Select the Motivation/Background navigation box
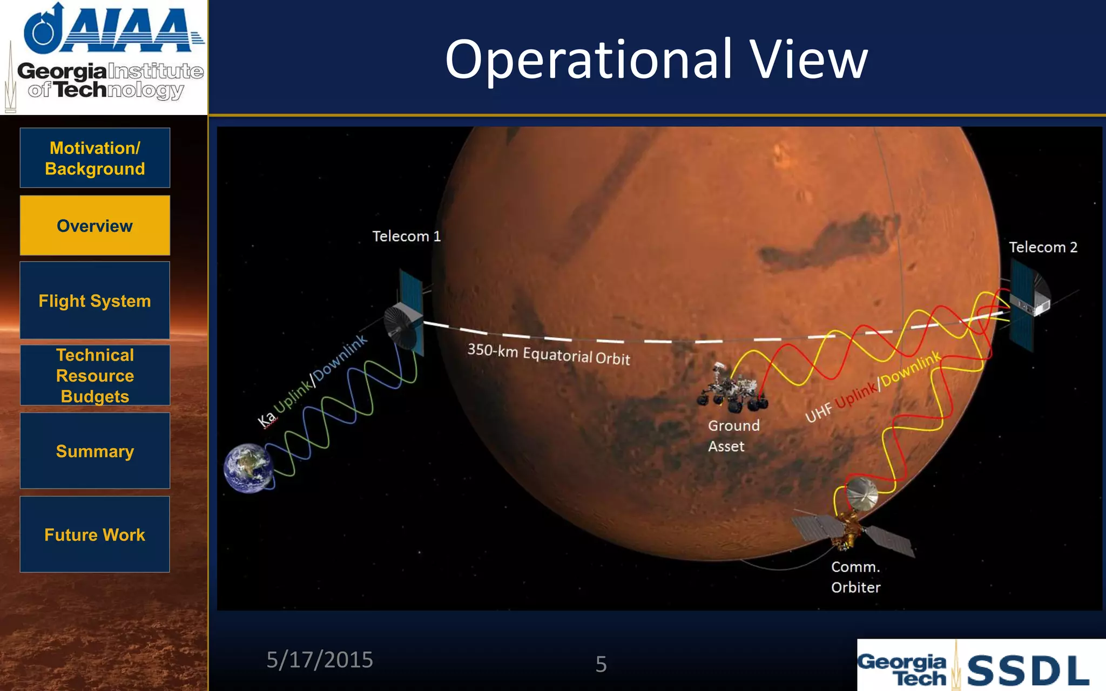[x=95, y=158]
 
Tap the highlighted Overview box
[x=95, y=226]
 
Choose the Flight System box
[x=95, y=301]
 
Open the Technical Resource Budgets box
[x=95, y=376]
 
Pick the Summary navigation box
[x=95, y=451]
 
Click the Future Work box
[x=95, y=534]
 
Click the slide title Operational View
[x=656, y=59]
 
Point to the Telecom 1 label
[x=406, y=236]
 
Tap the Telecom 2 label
[x=1043, y=247]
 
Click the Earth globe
[x=249, y=468]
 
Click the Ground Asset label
[x=733, y=436]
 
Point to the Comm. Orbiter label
[x=855, y=577]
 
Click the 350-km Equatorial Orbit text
[x=548, y=355]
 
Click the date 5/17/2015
[x=320, y=660]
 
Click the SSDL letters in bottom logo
[x=1028, y=670]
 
